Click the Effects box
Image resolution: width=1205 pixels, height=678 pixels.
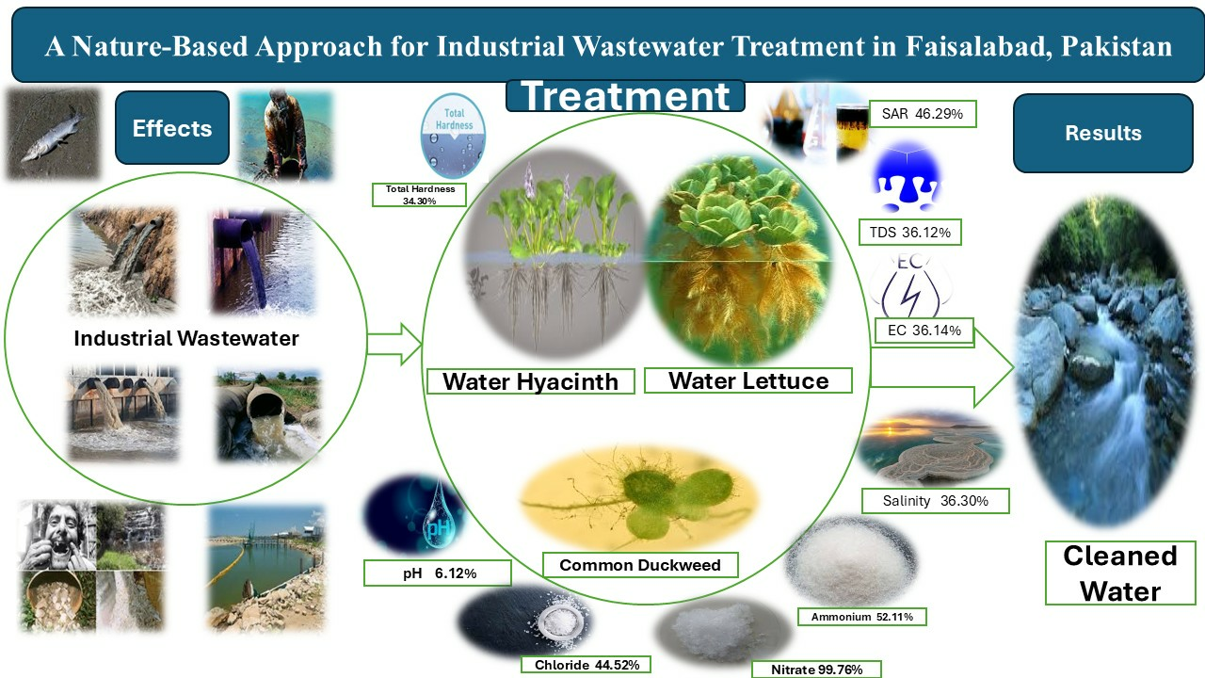(172, 127)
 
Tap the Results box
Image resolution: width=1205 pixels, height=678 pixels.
(1103, 133)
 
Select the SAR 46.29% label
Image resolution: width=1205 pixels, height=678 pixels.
(922, 114)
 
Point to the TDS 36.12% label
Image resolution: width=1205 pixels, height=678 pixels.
(910, 233)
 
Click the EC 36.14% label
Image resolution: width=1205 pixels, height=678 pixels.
(924, 331)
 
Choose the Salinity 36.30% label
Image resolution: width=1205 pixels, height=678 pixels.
(936, 501)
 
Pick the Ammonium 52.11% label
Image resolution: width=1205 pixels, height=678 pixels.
(861, 617)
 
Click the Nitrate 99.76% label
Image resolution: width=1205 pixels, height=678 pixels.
(816, 670)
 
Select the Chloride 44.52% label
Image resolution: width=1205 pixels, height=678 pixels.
(586, 665)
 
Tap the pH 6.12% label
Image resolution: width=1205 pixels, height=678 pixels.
(438, 573)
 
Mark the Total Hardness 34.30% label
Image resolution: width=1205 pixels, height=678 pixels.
(420, 195)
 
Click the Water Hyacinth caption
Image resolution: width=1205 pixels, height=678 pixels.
(530, 381)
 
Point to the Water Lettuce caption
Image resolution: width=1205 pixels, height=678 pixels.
(748, 380)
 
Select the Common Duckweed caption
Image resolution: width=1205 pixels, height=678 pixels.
(640, 565)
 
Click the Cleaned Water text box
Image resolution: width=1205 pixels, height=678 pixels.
(1120, 573)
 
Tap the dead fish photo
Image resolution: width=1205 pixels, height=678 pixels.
(53, 135)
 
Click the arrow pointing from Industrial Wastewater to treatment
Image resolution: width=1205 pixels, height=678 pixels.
(394, 345)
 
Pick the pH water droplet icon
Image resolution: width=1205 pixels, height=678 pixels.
(439, 514)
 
